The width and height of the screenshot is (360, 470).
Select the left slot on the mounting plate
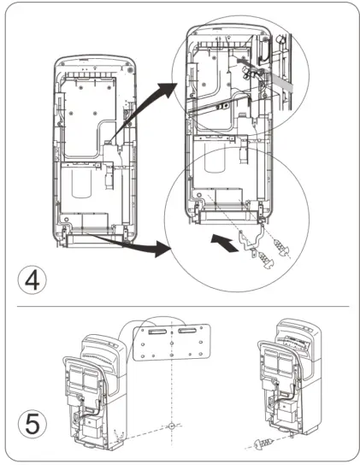coord(156,326)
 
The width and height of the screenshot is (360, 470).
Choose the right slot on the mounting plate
coord(189,328)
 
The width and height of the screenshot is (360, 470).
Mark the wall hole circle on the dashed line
coord(172,425)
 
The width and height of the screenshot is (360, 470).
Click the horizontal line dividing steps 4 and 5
coord(180,305)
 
